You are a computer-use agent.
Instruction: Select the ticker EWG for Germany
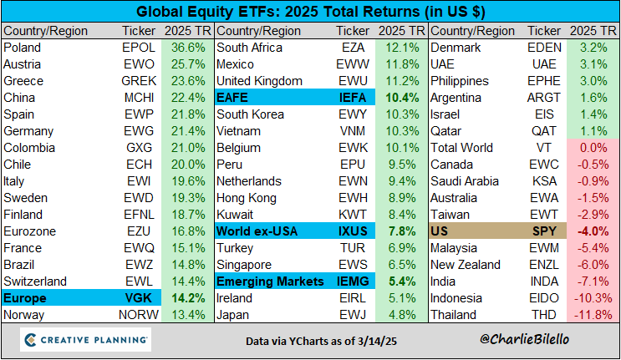coord(139,131)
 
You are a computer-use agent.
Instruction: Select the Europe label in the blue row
coord(26,298)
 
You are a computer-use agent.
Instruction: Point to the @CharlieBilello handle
coord(533,342)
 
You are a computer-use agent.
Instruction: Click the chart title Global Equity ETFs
coord(310,12)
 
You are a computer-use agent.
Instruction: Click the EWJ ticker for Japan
coord(353,315)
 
